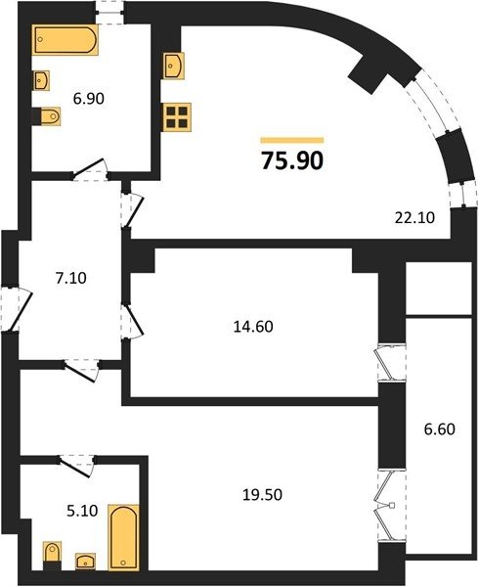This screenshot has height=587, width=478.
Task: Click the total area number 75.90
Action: [292, 161]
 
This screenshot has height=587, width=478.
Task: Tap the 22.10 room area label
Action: [414, 217]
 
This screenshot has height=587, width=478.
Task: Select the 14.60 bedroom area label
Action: [253, 327]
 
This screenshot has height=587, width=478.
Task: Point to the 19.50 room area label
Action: [262, 495]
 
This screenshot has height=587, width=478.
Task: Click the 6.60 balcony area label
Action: [440, 429]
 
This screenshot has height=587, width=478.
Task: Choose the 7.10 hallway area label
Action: [70, 278]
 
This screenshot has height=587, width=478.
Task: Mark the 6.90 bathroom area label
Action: [89, 99]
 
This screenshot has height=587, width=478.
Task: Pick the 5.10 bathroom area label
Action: [82, 511]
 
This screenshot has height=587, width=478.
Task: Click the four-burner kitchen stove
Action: [177, 117]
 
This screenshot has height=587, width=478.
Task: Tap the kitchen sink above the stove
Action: [174, 66]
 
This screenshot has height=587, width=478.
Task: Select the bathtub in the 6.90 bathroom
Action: [65, 40]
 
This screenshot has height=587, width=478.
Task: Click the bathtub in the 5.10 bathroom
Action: [123, 537]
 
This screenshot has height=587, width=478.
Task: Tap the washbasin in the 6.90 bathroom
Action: [41, 80]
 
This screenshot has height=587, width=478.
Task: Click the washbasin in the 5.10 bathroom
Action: [85, 562]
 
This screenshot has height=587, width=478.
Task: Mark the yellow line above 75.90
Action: [292, 140]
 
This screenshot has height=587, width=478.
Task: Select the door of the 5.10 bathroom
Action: [76, 466]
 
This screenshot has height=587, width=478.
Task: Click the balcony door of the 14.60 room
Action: [391, 362]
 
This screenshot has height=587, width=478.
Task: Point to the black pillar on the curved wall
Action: [369, 73]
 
